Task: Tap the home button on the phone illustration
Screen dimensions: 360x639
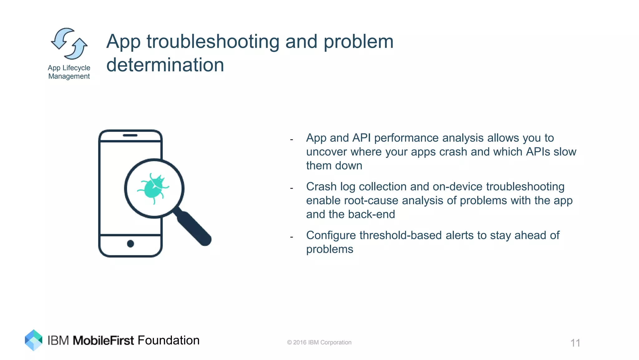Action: tap(130, 244)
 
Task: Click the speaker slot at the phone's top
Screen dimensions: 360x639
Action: tap(130, 135)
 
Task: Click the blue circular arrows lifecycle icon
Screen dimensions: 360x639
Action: tap(69, 44)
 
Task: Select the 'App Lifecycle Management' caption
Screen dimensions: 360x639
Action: tap(69, 72)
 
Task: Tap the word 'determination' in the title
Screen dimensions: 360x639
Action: tap(165, 65)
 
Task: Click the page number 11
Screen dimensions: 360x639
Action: tap(575, 343)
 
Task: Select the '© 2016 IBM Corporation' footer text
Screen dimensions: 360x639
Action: tap(319, 343)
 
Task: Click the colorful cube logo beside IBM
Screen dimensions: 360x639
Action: tap(33, 340)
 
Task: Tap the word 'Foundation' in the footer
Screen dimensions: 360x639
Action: tap(168, 340)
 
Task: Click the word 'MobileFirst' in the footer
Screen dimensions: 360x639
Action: tap(103, 340)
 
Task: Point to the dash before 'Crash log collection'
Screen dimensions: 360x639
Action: tap(291, 188)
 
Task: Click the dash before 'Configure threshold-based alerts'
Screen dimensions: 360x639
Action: tap(291, 237)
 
